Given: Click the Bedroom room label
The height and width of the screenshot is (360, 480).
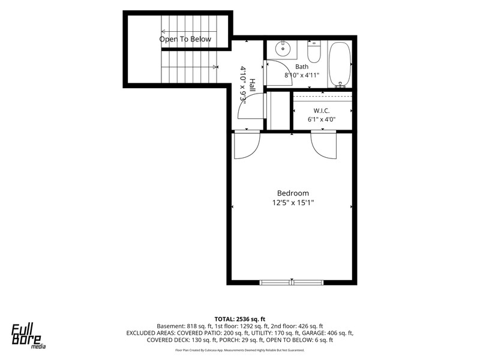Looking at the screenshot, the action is pyautogui.click(x=293, y=193).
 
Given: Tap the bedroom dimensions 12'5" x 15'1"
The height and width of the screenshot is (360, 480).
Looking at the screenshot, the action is pyautogui.click(x=293, y=203).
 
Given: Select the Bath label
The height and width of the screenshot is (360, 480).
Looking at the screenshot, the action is pyautogui.click(x=302, y=67).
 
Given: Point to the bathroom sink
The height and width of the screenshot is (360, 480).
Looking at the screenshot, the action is pyautogui.click(x=283, y=49).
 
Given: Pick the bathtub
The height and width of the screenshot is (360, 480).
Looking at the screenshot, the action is pyautogui.click(x=340, y=65).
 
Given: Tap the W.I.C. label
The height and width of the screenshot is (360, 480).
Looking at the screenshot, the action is pyautogui.click(x=322, y=110).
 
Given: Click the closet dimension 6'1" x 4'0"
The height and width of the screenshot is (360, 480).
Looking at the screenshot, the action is pyautogui.click(x=322, y=119).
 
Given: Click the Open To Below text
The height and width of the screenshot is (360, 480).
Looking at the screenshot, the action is pyautogui.click(x=185, y=39).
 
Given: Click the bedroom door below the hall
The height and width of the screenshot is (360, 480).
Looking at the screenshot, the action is pyautogui.click(x=247, y=145).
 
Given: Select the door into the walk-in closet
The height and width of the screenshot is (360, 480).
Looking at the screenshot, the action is pyautogui.click(x=323, y=145).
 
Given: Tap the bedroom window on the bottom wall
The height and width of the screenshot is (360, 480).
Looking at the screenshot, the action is pyautogui.click(x=292, y=282).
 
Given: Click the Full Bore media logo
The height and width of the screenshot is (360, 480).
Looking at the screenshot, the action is pyautogui.click(x=28, y=336).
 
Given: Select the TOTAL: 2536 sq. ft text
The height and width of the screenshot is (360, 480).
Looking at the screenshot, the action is pyautogui.click(x=239, y=319).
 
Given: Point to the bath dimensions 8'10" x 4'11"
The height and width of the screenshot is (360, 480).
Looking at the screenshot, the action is pyautogui.click(x=302, y=75).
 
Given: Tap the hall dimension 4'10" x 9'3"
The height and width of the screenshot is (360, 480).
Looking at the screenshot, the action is pyautogui.click(x=244, y=83).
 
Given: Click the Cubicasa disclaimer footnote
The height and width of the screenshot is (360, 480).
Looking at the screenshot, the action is pyautogui.click(x=239, y=350).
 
